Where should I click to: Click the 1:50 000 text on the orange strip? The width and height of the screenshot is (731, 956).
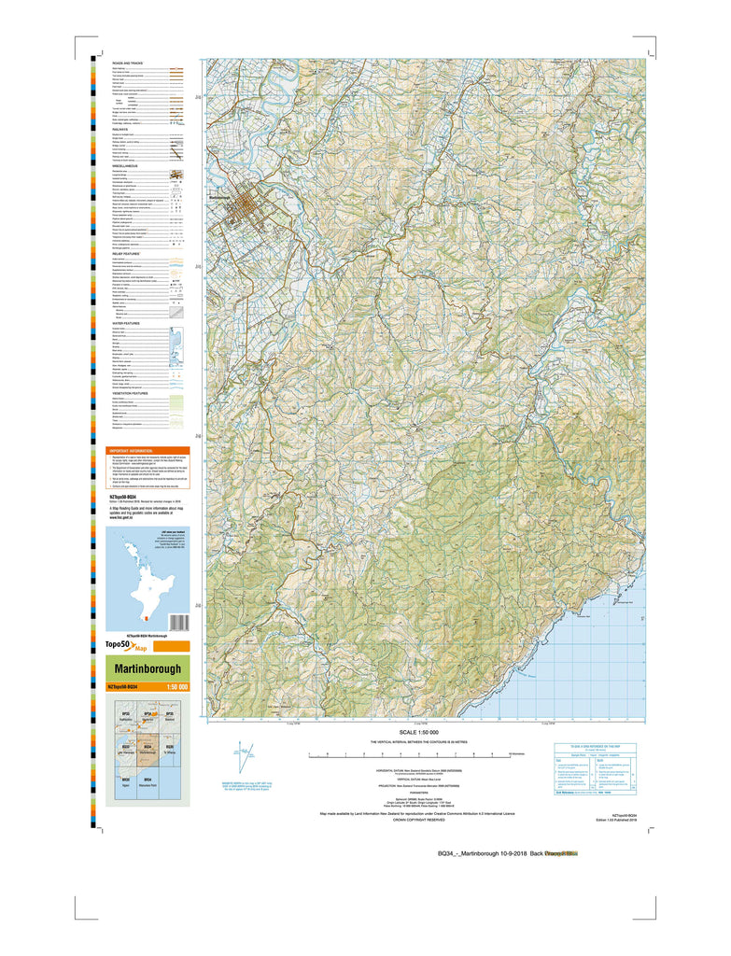[x=176, y=687]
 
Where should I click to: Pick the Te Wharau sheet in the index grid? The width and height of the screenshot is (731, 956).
[x=170, y=750]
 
